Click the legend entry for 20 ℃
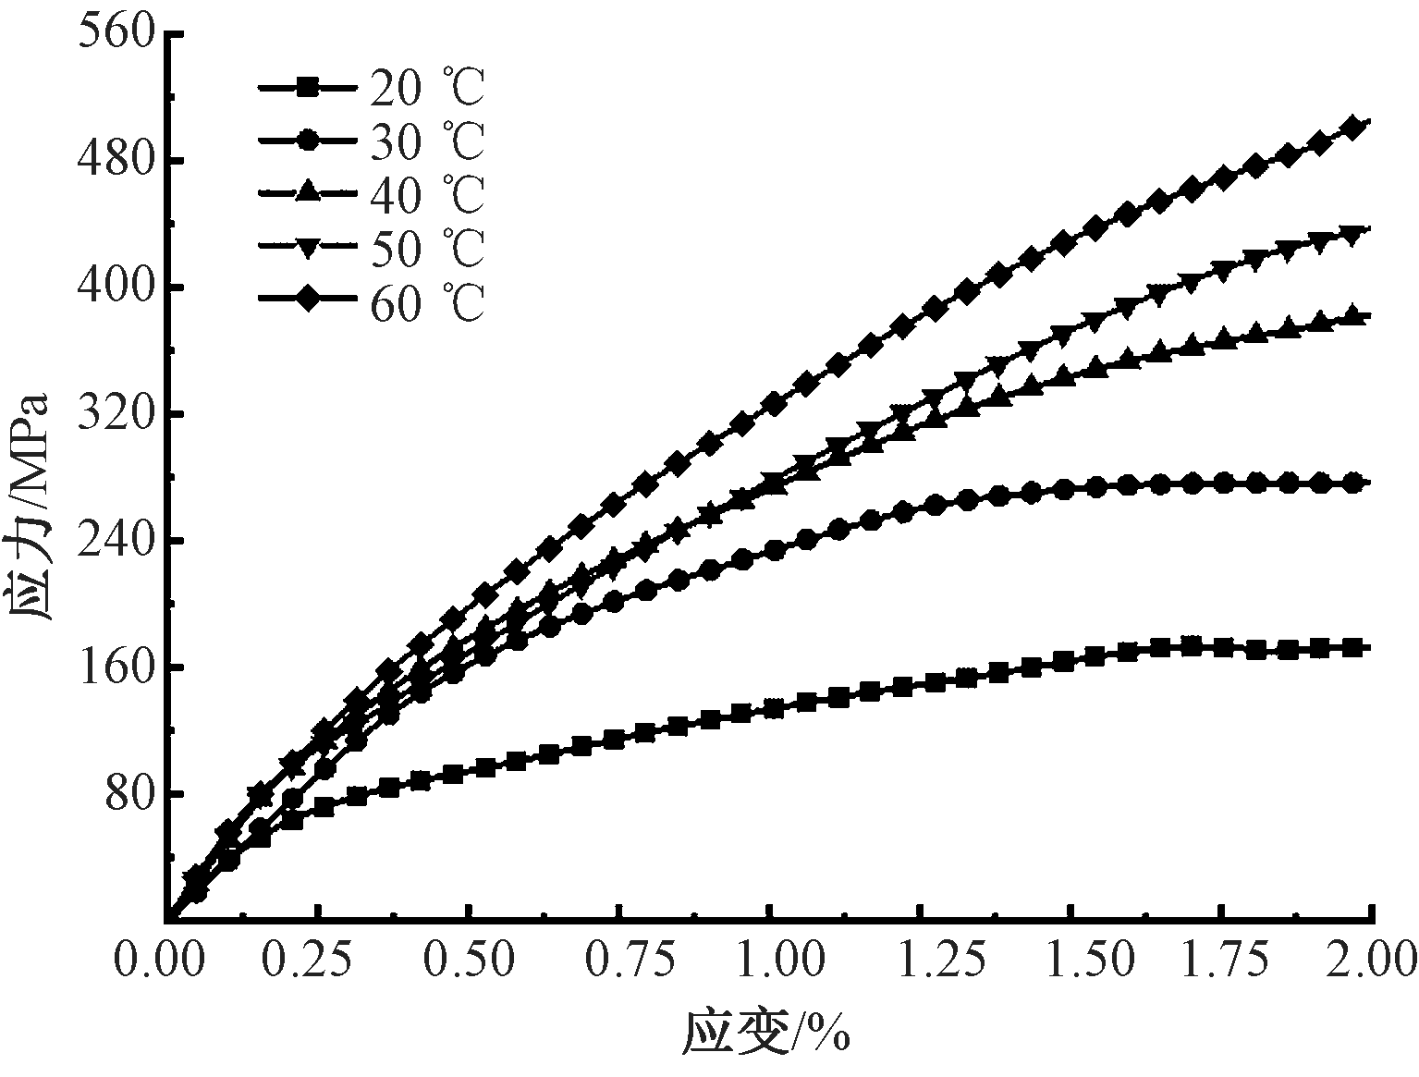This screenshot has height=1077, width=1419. click(x=370, y=88)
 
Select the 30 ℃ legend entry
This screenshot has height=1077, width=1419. click(x=370, y=141)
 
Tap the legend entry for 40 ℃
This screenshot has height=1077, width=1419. click(x=370, y=193)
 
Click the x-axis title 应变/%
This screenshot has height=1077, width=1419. click(x=765, y=1033)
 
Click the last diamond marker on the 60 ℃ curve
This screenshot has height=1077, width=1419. click(x=1352, y=128)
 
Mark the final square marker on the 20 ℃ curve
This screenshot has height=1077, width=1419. click(x=1352, y=648)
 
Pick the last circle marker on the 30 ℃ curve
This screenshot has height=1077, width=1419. click(x=1352, y=483)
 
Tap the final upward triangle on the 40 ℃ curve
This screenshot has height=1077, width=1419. click(x=1352, y=316)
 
